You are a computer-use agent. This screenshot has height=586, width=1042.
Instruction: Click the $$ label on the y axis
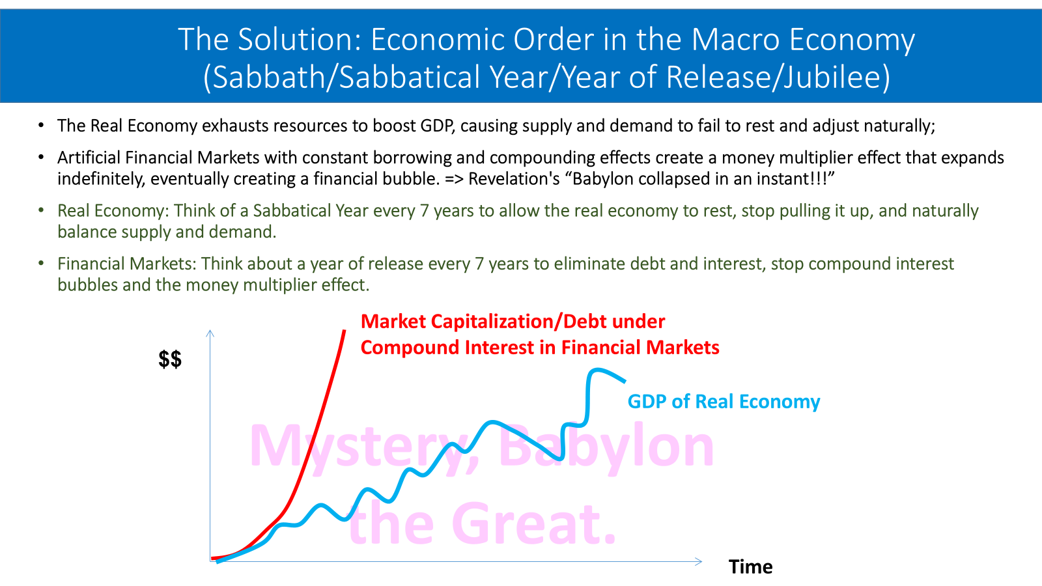tap(170, 359)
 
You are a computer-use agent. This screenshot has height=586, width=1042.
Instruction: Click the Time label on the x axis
tap(750, 566)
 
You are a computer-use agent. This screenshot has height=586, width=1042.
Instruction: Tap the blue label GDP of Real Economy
tap(724, 401)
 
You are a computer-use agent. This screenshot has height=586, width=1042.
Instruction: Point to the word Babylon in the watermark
tap(606, 447)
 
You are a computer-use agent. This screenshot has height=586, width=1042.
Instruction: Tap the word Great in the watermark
tap(533, 523)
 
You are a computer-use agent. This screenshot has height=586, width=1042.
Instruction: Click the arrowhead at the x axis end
tap(699, 561)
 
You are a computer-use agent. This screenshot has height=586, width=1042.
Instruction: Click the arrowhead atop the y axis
tap(210, 333)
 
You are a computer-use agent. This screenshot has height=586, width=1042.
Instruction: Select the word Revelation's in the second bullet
tap(514, 179)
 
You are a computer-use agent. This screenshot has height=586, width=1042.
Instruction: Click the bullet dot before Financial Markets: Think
tap(42, 264)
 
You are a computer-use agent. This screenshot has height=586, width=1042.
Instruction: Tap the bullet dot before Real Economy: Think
tap(42, 211)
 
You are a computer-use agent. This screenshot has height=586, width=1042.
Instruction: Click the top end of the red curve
tap(345, 331)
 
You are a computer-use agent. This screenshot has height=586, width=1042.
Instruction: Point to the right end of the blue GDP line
tap(625, 382)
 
